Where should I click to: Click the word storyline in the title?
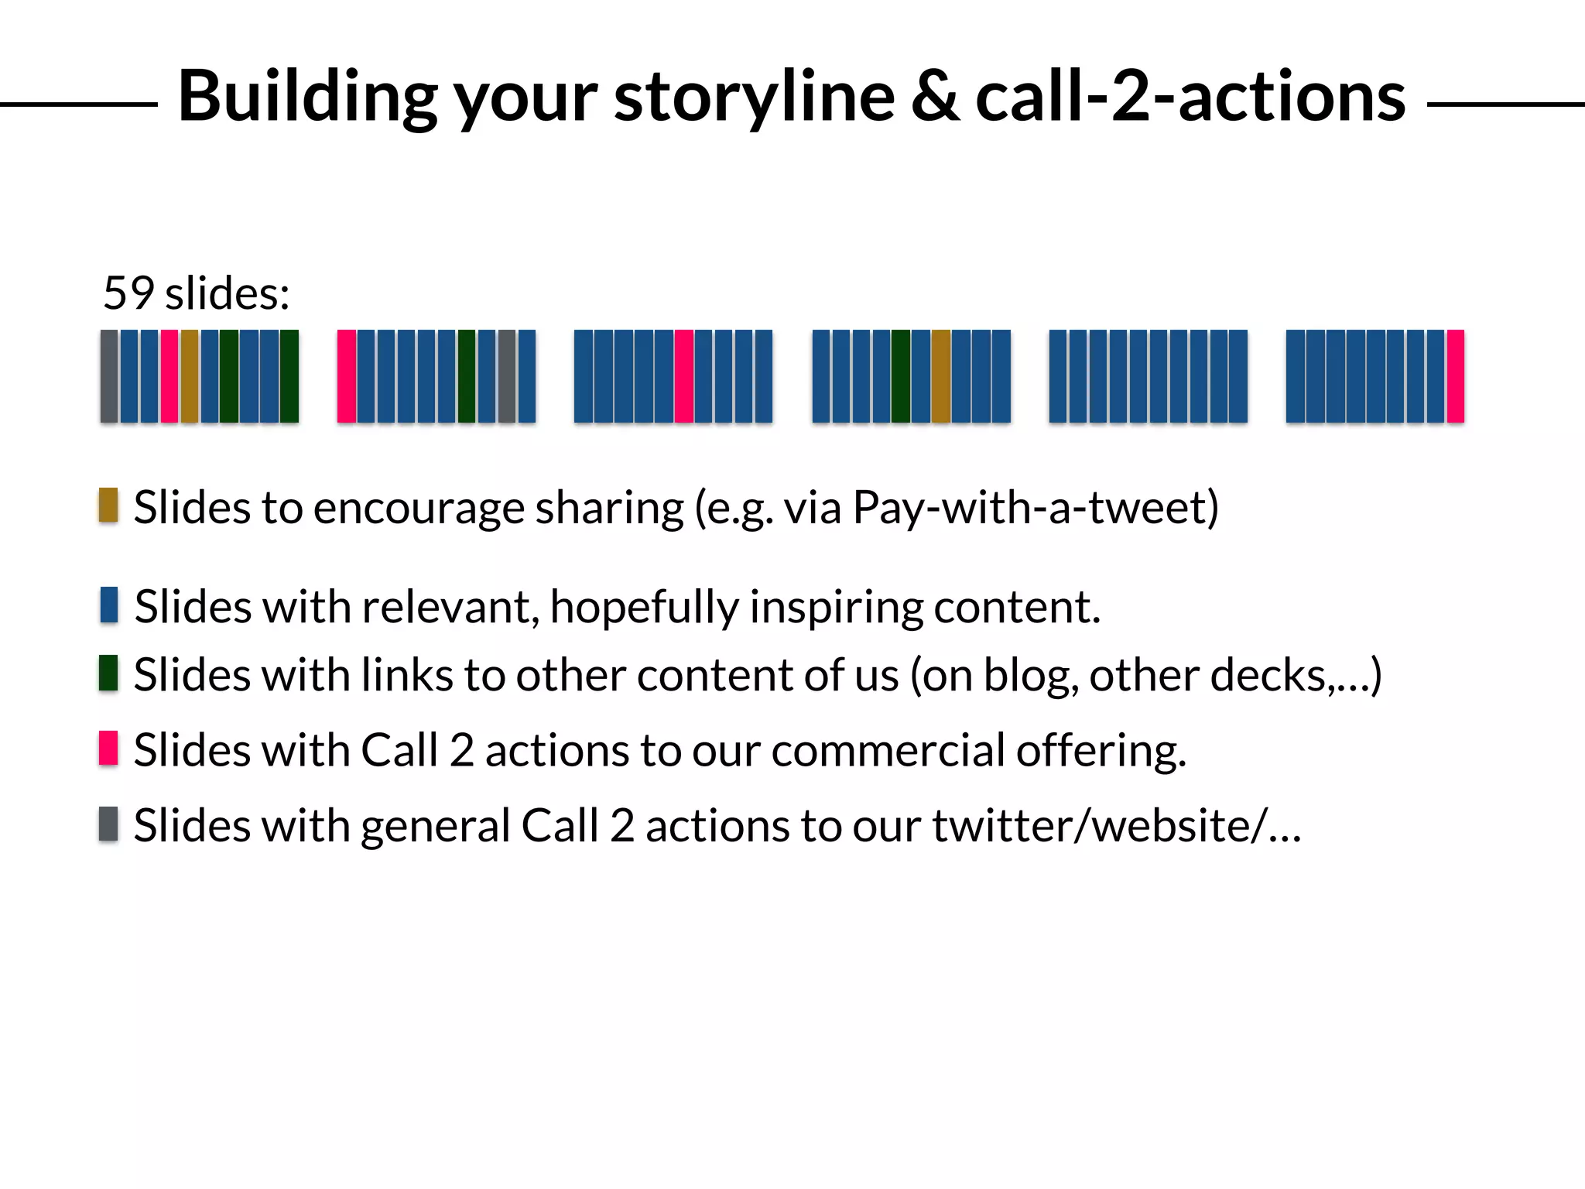[754, 98]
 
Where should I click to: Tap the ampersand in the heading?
[935, 98]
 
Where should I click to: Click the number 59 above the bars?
[128, 293]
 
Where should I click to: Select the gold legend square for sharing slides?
[108, 505]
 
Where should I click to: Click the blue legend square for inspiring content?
[108, 605]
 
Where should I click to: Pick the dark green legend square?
[108, 673]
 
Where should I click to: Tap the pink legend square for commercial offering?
[108, 748]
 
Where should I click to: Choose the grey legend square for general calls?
[108, 824]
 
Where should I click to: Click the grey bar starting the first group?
[109, 376]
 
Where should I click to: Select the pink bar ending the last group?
[1455, 376]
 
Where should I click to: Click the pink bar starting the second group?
[347, 376]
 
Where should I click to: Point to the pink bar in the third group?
[684, 376]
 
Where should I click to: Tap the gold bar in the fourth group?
[941, 376]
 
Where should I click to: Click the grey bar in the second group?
[507, 376]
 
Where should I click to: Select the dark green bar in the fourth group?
[901, 376]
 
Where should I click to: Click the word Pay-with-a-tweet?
[1034, 509]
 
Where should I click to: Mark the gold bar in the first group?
[190, 376]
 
